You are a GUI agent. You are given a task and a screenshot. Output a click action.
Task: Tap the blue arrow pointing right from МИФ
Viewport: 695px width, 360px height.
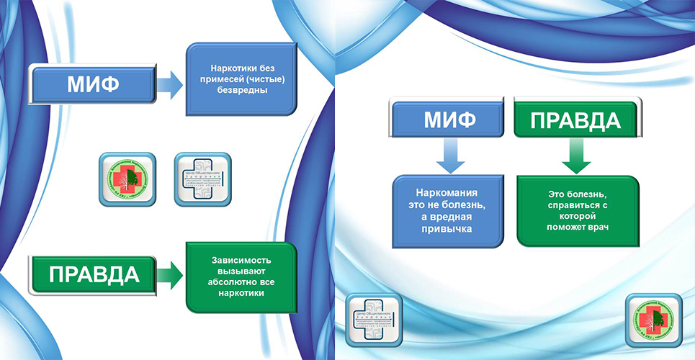point(170,86)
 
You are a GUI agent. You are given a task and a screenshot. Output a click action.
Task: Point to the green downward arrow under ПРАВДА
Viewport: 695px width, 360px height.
point(577,156)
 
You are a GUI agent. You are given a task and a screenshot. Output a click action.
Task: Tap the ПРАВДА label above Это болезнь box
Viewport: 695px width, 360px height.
point(576,118)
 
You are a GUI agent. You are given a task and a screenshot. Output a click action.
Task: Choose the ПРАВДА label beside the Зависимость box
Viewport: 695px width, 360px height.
point(93,275)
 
